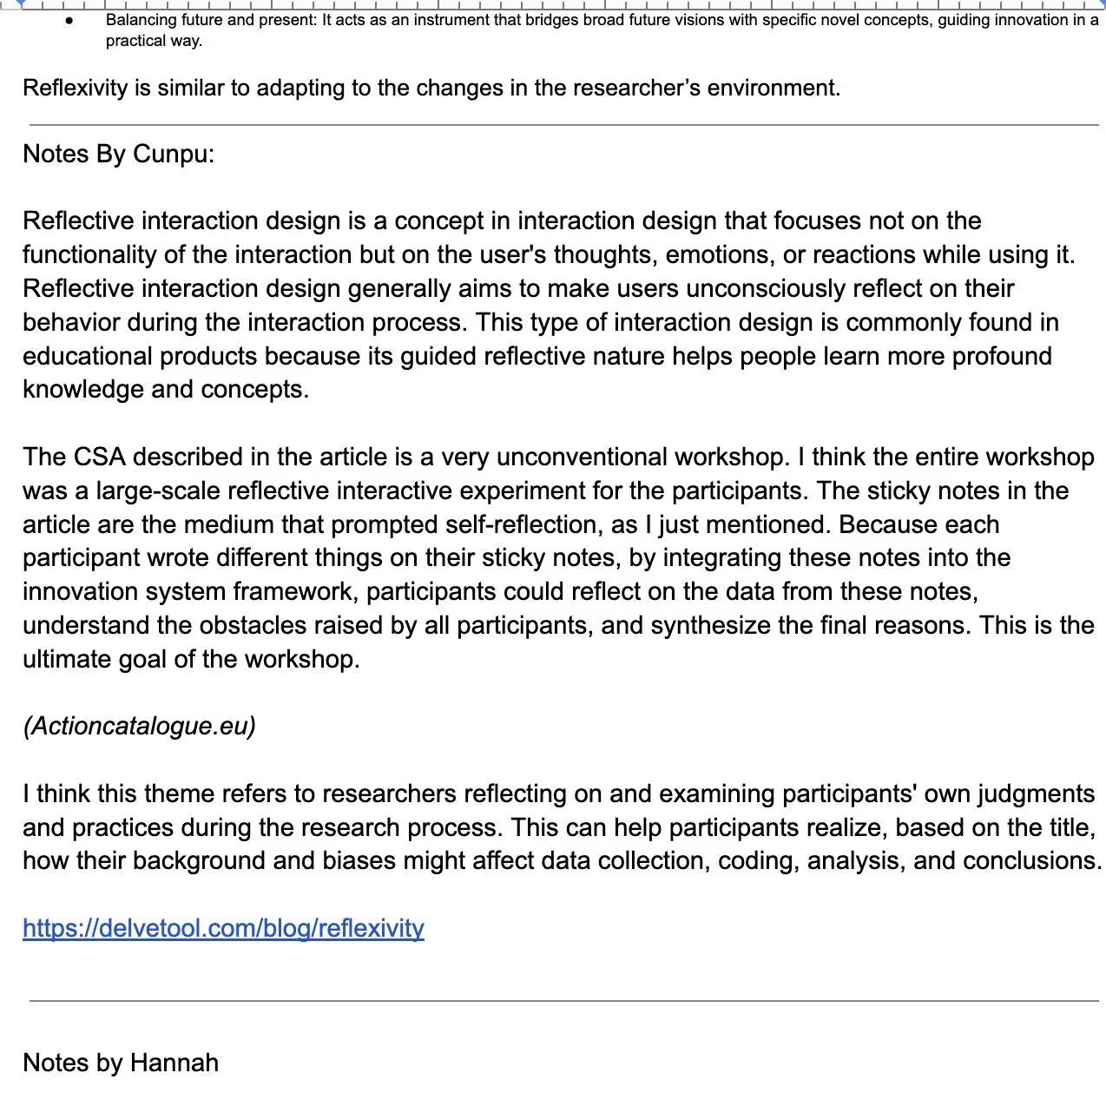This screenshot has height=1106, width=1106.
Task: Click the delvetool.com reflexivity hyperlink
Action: (x=223, y=928)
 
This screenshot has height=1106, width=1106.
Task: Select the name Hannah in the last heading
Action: (x=174, y=1063)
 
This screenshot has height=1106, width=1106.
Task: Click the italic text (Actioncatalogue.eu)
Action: (x=139, y=726)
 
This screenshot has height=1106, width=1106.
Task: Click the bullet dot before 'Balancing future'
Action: (x=69, y=20)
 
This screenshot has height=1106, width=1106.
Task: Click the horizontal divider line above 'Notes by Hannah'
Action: (x=564, y=1001)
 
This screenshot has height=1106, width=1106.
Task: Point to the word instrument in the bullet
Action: (x=451, y=20)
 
